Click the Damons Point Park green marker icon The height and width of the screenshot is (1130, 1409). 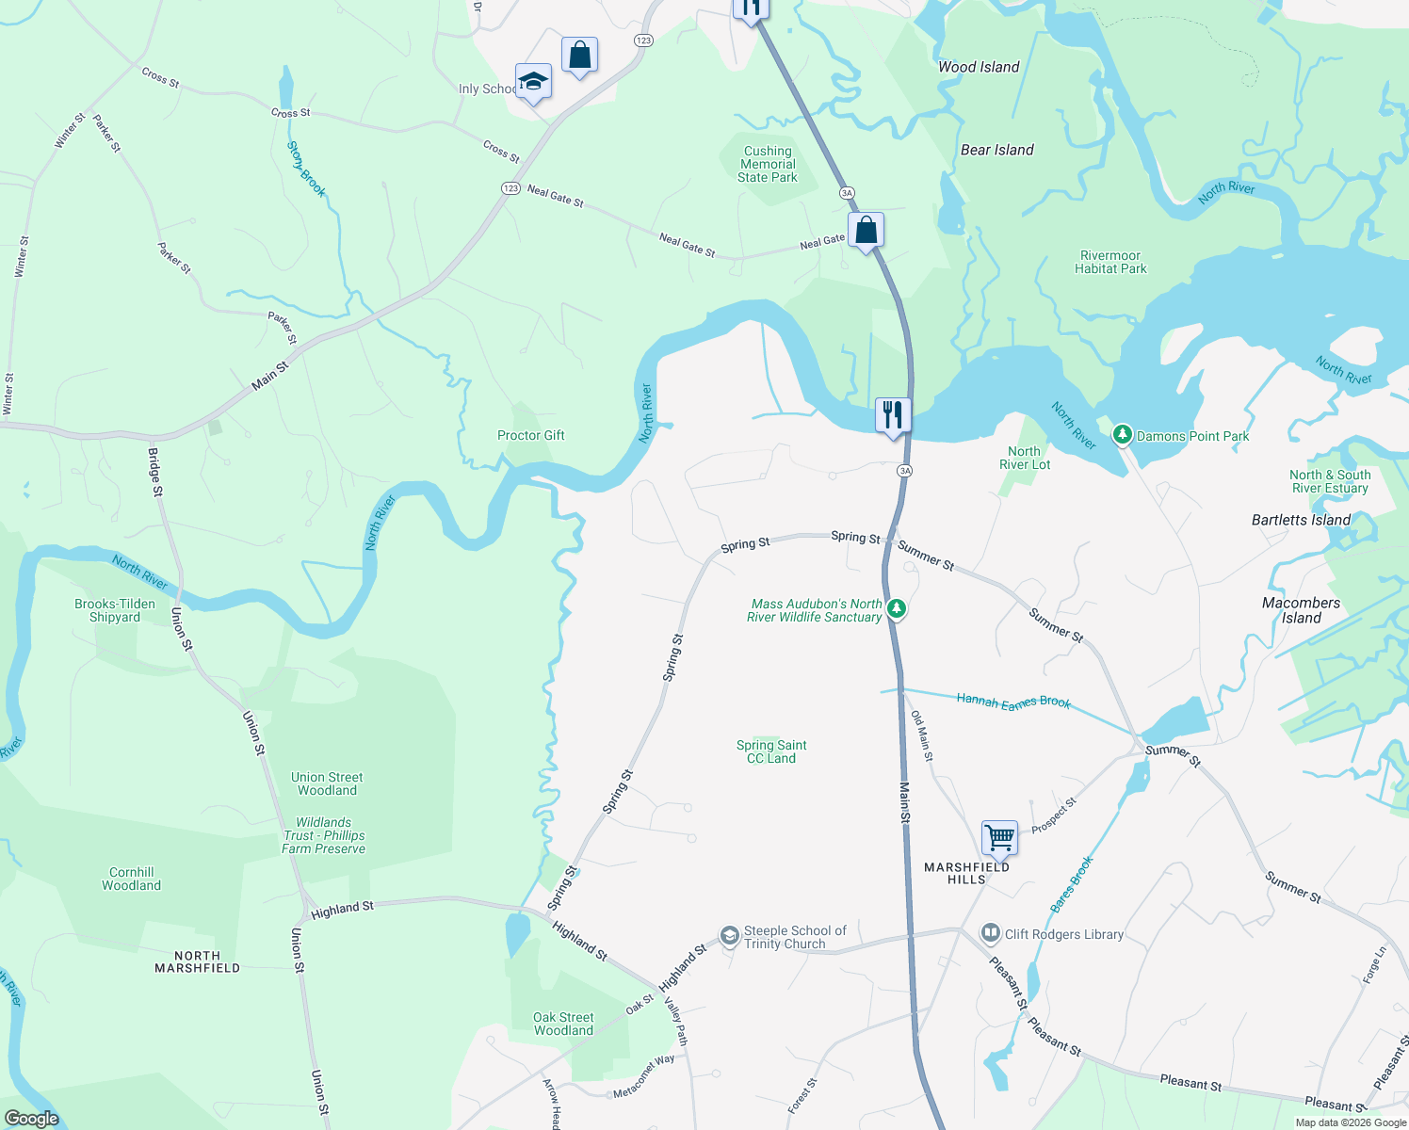(1122, 435)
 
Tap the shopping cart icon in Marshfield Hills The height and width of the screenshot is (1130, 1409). (999, 836)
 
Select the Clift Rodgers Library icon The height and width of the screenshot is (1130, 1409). (990, 933)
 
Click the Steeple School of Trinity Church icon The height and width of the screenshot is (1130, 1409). (729, 935)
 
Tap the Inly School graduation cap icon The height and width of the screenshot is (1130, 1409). (533, 82)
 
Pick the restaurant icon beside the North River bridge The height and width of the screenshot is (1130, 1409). (892, 415)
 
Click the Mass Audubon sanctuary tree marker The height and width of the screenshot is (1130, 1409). (897, 609)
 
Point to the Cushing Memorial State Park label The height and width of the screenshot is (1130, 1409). (768, 164)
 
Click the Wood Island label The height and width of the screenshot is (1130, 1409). (979, 67)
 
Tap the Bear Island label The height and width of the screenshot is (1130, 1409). (996, 150)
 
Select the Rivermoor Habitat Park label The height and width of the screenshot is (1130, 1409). (1110, 262)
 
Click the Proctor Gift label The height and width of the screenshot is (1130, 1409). (531, 435)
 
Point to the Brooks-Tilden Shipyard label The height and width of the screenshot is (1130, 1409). (115, 610)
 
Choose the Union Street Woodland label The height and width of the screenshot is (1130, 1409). (327, 783)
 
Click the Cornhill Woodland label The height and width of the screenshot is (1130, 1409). (131, 879)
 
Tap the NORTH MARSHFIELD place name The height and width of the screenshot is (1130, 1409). (197, 961)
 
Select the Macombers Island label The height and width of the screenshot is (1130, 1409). (1301, 610)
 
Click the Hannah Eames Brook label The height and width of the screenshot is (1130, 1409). (1013, 701)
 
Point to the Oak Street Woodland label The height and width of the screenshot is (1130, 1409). (563, 1024)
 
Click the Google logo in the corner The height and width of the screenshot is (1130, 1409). (32, 1118)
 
